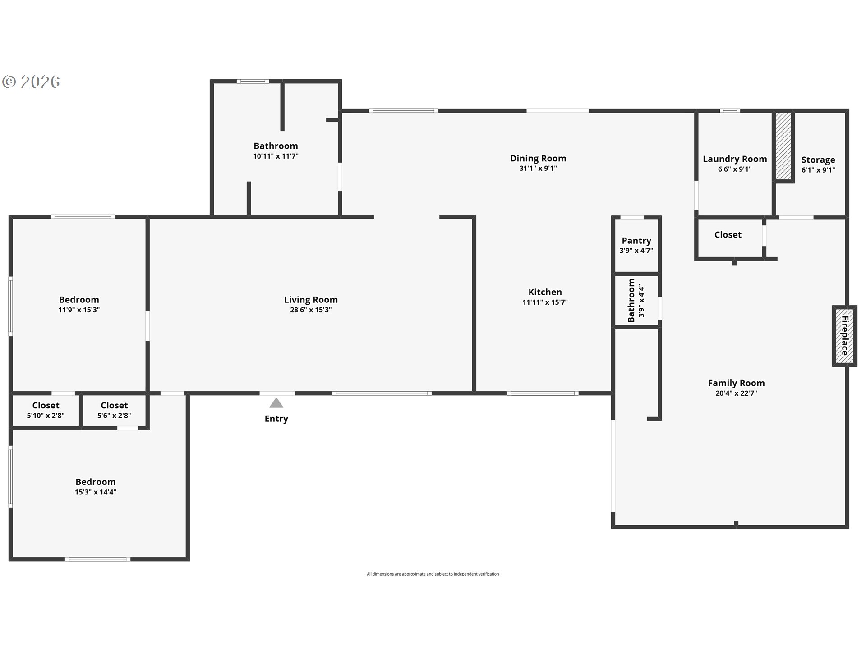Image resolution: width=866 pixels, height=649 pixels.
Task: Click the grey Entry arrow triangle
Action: point(276,403)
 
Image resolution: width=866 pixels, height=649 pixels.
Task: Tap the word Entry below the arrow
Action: point(276,419)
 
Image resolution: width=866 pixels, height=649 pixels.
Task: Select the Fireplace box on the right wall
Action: point(844,336)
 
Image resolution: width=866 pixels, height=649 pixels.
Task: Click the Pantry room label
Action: point(636,241)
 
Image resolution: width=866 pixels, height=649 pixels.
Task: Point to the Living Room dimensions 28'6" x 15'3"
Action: point(310,310)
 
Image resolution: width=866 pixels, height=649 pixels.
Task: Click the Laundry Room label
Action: point(734,159)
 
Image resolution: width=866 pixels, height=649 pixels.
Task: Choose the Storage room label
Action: point(818,160)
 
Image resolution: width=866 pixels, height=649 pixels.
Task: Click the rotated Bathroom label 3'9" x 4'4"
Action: point(636,300)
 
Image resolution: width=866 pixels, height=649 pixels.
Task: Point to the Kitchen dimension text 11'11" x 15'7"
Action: point(545,302)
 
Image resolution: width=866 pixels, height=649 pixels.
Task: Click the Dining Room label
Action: point(538,159)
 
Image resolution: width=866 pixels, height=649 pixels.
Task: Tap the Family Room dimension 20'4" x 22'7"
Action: point(736,393)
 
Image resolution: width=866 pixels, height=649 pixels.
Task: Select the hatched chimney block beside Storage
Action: point(783,146)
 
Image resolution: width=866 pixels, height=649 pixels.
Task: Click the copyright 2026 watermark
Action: point(32,82)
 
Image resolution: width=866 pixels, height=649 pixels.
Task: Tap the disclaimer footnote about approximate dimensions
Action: point(433,574)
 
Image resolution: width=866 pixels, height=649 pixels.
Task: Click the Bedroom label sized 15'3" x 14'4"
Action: point(95,482)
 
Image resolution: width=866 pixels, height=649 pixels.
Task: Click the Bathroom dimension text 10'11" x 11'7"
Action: point(276,156)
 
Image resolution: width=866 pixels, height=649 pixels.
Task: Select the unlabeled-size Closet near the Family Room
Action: point(728,235)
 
